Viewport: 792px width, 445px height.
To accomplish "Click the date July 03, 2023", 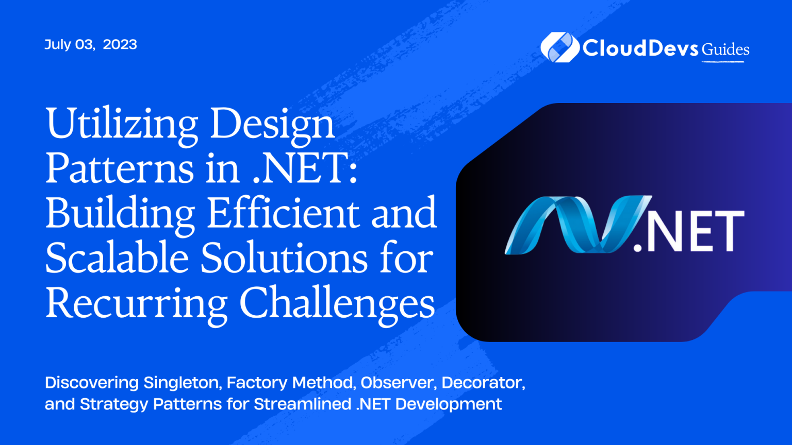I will click(91, 45).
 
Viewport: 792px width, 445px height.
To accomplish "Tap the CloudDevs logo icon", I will click(558, 47).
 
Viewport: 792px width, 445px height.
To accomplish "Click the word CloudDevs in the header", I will click(640, 48).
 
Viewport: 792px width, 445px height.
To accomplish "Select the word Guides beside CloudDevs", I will click(725, 50).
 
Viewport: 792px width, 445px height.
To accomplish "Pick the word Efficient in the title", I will click(284, 213).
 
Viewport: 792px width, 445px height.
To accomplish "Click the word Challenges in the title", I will click(337, 304).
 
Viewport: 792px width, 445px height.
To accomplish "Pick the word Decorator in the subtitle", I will click(483, 383).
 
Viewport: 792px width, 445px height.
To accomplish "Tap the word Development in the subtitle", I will click(449, 404).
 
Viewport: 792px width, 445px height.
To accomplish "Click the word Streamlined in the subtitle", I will click(303, 404).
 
